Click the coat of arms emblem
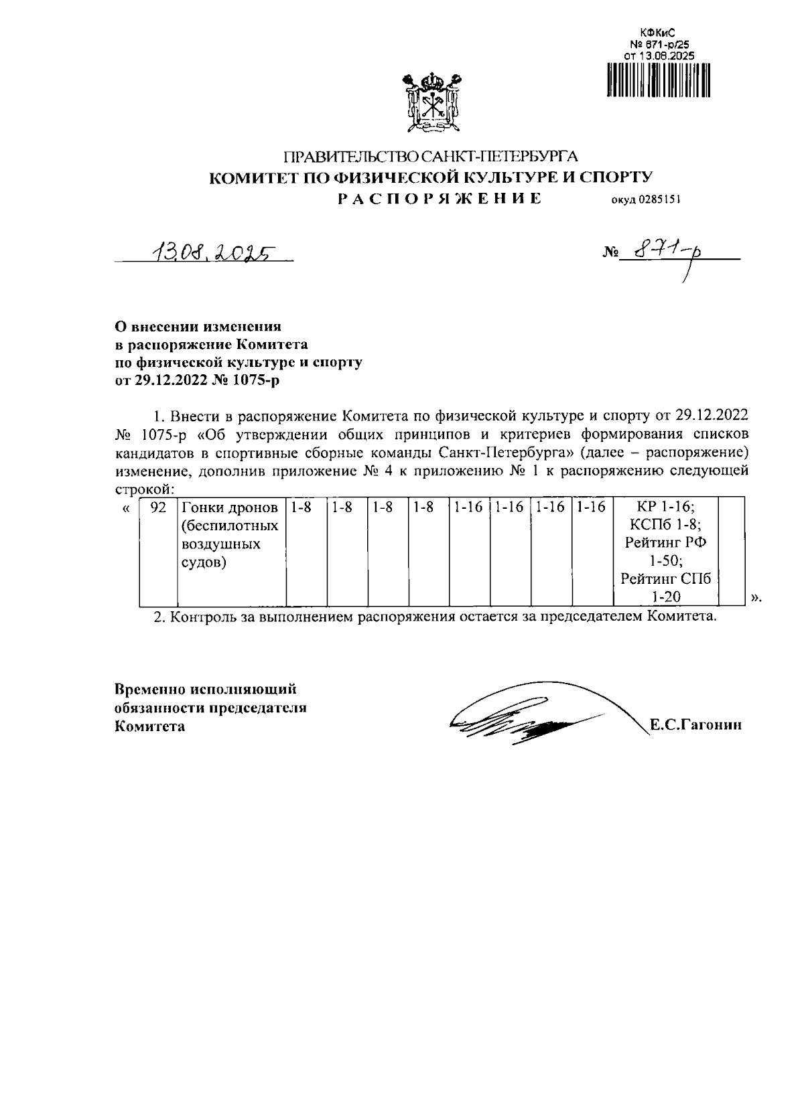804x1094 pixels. coord(431,104)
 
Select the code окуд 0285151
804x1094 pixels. coord(645,199)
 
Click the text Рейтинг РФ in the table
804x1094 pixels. coord(665,542)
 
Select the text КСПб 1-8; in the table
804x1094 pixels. coord(665,524)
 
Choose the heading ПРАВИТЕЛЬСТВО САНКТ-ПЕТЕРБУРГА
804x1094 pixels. coord(431,157)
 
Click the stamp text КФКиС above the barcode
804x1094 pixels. coord(649,33)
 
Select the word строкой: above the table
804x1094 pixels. coord(145,489)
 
